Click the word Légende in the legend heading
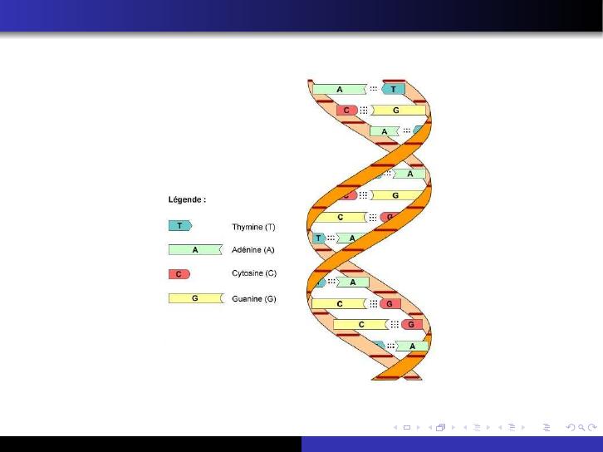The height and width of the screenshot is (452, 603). (184, 199)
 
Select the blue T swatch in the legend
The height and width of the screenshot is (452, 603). (180, 226)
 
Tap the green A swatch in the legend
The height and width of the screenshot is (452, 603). (195, 249)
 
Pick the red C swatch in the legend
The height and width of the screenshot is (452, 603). (179, 274)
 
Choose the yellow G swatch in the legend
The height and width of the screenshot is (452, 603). (196, 298)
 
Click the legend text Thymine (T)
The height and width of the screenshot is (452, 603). (253, 227)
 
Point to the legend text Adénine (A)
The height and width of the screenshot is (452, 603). (253, 250)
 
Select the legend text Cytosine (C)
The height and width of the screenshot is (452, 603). (254, 273)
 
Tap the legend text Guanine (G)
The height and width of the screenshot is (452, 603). (254, 298)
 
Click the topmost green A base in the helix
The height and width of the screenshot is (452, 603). (340, 89)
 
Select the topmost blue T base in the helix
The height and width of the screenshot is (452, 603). (393, 89)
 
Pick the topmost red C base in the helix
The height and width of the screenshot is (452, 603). (347, 111)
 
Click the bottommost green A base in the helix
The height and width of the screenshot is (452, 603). (412, 346)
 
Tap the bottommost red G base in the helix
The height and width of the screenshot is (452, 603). (412, 325)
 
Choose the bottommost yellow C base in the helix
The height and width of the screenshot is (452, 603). (361, 325)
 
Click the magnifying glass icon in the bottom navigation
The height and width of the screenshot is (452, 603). (581, 427)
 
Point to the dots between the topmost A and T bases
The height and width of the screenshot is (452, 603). (374, 89)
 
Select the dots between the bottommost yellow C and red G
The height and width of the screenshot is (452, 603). (395, 325)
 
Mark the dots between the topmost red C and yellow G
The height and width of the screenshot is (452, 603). (364, 111)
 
